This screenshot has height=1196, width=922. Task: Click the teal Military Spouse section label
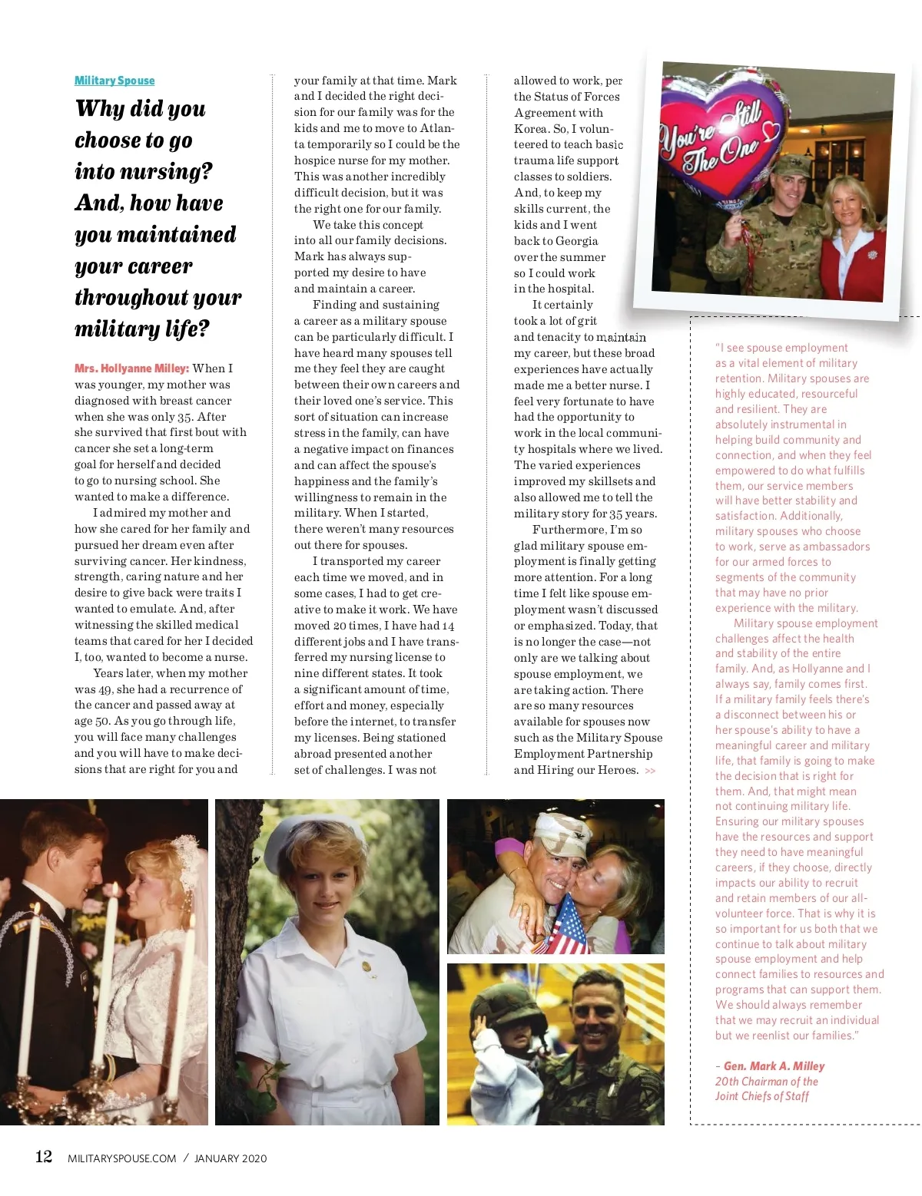pyautogui.click(x=114, y=81)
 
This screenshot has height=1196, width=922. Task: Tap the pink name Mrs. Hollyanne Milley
pyautogui.click(x=131, y=368)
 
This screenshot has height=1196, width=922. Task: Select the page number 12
pyautogui.click(x=44, y=1157)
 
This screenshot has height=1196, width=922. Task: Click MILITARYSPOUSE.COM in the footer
pyautogui.click(x=122, y=1158)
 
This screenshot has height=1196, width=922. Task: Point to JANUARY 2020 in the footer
pyautogui.click(x=230, y=1158)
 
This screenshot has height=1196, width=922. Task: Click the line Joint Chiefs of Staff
pyautogui.click(x=762, y=1096)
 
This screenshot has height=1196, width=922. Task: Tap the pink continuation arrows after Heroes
pyautogui.click(x=651, y=771)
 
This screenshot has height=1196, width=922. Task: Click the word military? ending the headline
pyautogui.click(x=142, y=329)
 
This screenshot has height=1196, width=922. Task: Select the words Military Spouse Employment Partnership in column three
pyautogui.click(x=589, y=746)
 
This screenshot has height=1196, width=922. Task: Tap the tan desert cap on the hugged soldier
pyautogui.click(x=562, y=833)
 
